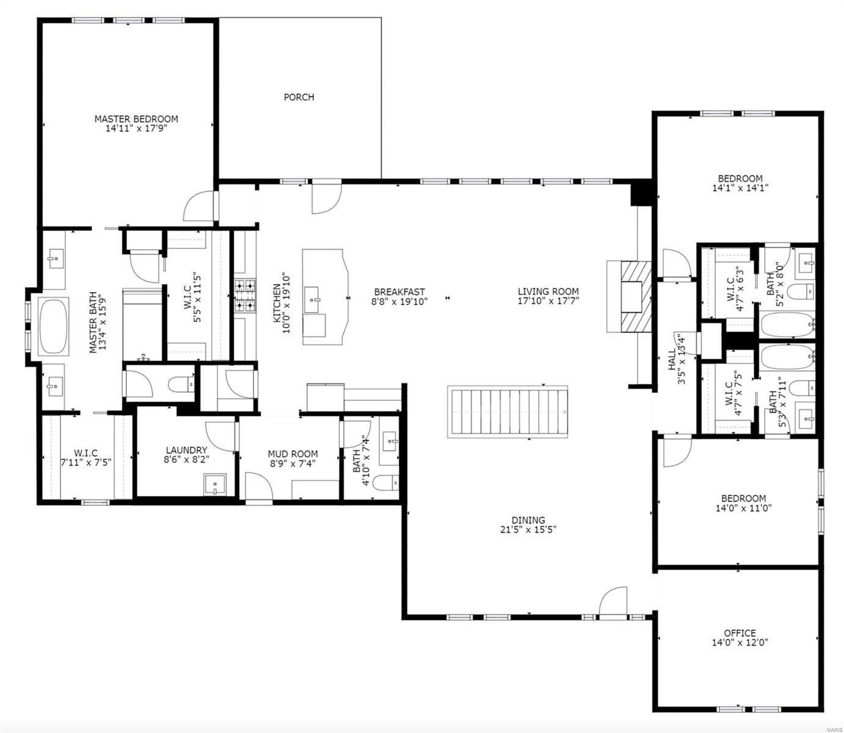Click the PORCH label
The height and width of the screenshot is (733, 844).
[x=299, y=97]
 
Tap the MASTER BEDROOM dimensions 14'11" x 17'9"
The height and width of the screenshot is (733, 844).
[x=136, y=129]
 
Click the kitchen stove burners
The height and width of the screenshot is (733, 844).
[x=246, y=296]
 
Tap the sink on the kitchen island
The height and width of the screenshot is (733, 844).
[x=316, y=300]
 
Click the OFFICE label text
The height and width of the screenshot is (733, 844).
[x=740, y=633]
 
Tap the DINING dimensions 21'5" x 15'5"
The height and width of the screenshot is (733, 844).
[x=528, y=530]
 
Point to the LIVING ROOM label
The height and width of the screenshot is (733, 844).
[x=548, y=291]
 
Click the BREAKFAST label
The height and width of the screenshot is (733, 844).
[x=399, y=292]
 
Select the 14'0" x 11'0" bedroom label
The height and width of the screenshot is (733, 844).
[x=743, y=507]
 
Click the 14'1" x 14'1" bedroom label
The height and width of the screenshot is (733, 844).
[x=740, y=188]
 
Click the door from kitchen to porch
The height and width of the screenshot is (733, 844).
[x=326, y=197]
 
